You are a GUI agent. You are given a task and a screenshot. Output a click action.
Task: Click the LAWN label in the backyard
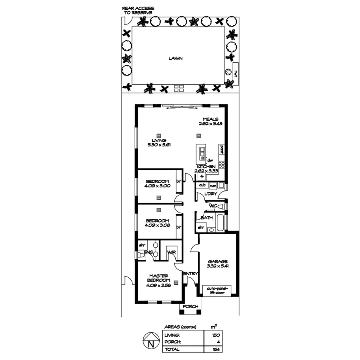pos(175,58)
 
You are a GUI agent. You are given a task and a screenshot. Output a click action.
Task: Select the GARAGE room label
pos(218,261)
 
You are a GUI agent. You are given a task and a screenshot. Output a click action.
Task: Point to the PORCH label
pos(191,307)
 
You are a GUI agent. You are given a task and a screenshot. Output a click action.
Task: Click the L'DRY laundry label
pos(211,194)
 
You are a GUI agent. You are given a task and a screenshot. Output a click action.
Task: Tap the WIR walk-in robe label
pos(172,252)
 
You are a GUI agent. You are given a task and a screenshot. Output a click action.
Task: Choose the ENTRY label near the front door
pos(191,274)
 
